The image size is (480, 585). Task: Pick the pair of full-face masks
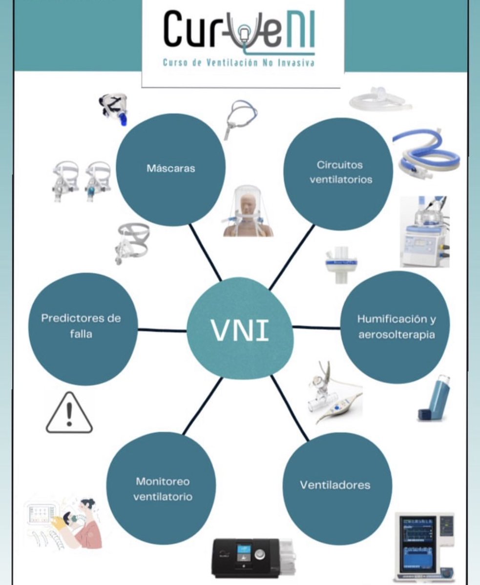coord(81,180)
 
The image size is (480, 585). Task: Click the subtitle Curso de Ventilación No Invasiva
coord(238,63)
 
